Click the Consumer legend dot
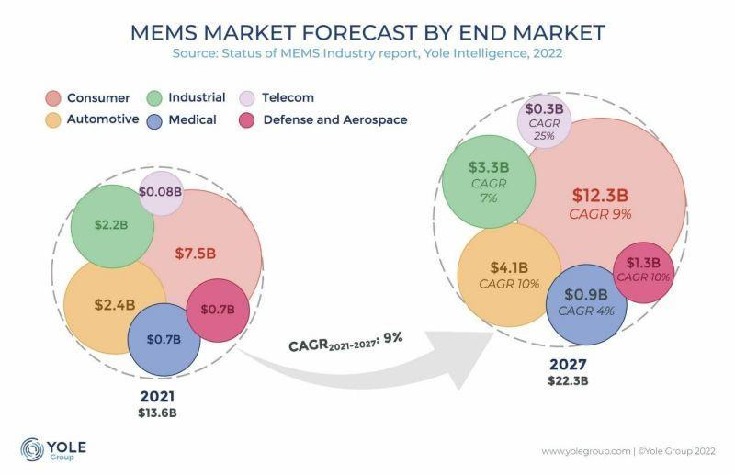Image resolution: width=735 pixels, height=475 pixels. tap(53, 98)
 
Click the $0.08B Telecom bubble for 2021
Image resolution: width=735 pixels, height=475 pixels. tap(160, 193)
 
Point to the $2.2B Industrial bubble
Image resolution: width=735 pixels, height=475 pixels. tap(111, 223)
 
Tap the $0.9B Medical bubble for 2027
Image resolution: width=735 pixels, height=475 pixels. tap(585, 302)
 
